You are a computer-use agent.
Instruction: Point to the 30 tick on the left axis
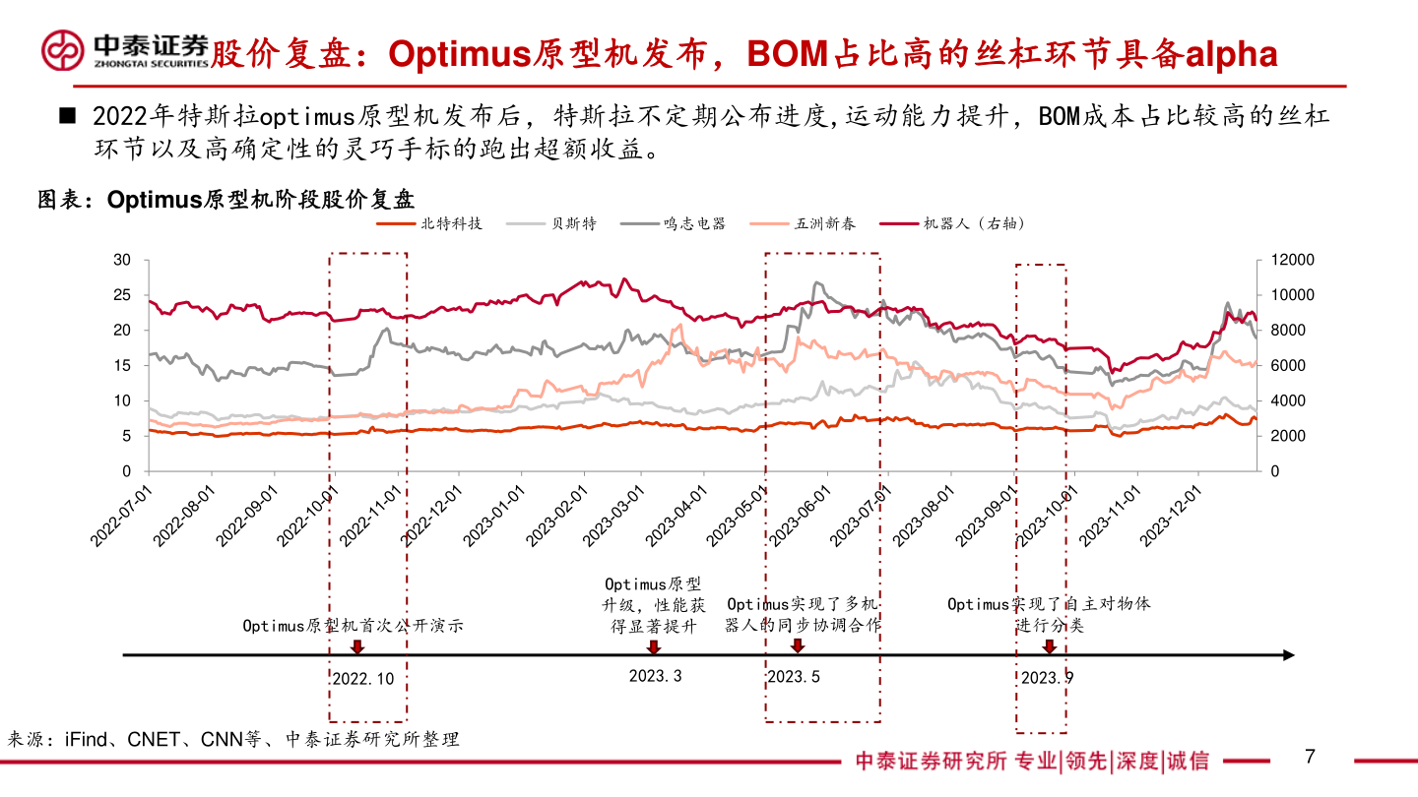pyautogui.click(x=122, y=260)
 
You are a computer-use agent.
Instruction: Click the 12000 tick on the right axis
pyautogui.click(x=1290, y=260)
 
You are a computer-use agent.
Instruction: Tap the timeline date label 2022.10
pyautogui.click(x=362, y=678)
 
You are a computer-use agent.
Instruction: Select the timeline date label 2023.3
pyautogui.click(x=655, y=676)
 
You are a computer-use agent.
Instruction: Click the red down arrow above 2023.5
pyautogui.click(x=797, y=646)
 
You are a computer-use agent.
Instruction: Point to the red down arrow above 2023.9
pyautogui.click(x=1050, y=646)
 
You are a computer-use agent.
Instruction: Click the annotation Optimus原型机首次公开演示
pyautogui.click(x=353, y=625)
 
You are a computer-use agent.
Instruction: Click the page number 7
pyautogui.click(x=1310, y=757)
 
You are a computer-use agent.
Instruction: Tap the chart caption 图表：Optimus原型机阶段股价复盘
pyautogui.click(x=226, y=200)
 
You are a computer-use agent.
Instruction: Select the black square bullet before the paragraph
pyautogui.click(x=67, y=117)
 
